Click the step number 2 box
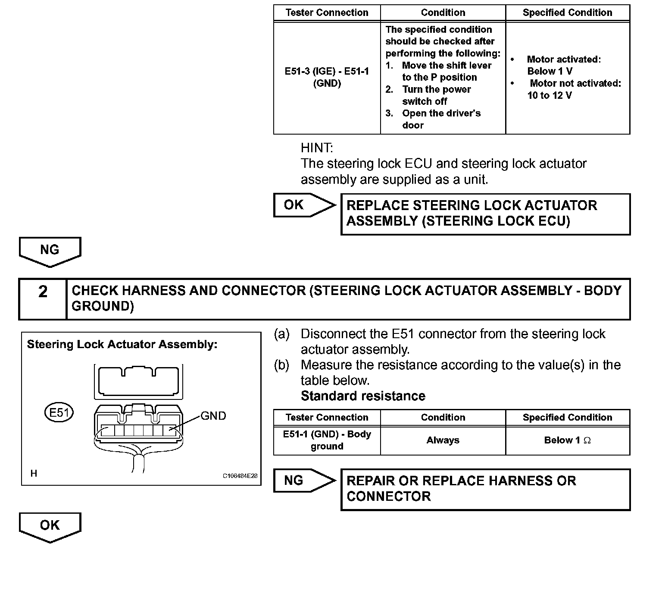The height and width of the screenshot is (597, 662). point(43,298)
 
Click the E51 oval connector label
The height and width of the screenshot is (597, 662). point(59,413)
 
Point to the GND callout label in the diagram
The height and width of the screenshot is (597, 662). point(213,416)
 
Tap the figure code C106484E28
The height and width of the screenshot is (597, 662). point(240,476)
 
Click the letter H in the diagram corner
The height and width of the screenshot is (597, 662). point(34,474)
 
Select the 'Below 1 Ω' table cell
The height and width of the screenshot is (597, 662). point(567,440)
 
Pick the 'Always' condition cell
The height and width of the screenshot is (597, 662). point(443,440)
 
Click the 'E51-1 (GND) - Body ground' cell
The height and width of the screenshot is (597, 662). point(327,440)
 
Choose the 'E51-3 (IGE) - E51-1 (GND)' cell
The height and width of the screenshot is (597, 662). point(327,78)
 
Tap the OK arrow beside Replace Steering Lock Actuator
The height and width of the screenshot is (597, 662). point(303,205)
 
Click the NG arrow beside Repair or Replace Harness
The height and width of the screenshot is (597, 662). point(303,481)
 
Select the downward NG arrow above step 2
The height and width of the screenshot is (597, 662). point(50,251)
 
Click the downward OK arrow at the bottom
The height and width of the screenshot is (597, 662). point(50,527)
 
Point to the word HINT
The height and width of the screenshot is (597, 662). point(317,148)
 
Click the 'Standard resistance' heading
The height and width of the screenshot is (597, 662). point(363,396)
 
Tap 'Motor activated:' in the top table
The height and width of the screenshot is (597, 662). point(563,60)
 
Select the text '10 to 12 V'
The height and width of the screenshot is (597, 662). point(550,95)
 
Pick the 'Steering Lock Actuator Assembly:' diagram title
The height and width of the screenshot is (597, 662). point(122,344)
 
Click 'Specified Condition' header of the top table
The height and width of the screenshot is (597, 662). point(567,13)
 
